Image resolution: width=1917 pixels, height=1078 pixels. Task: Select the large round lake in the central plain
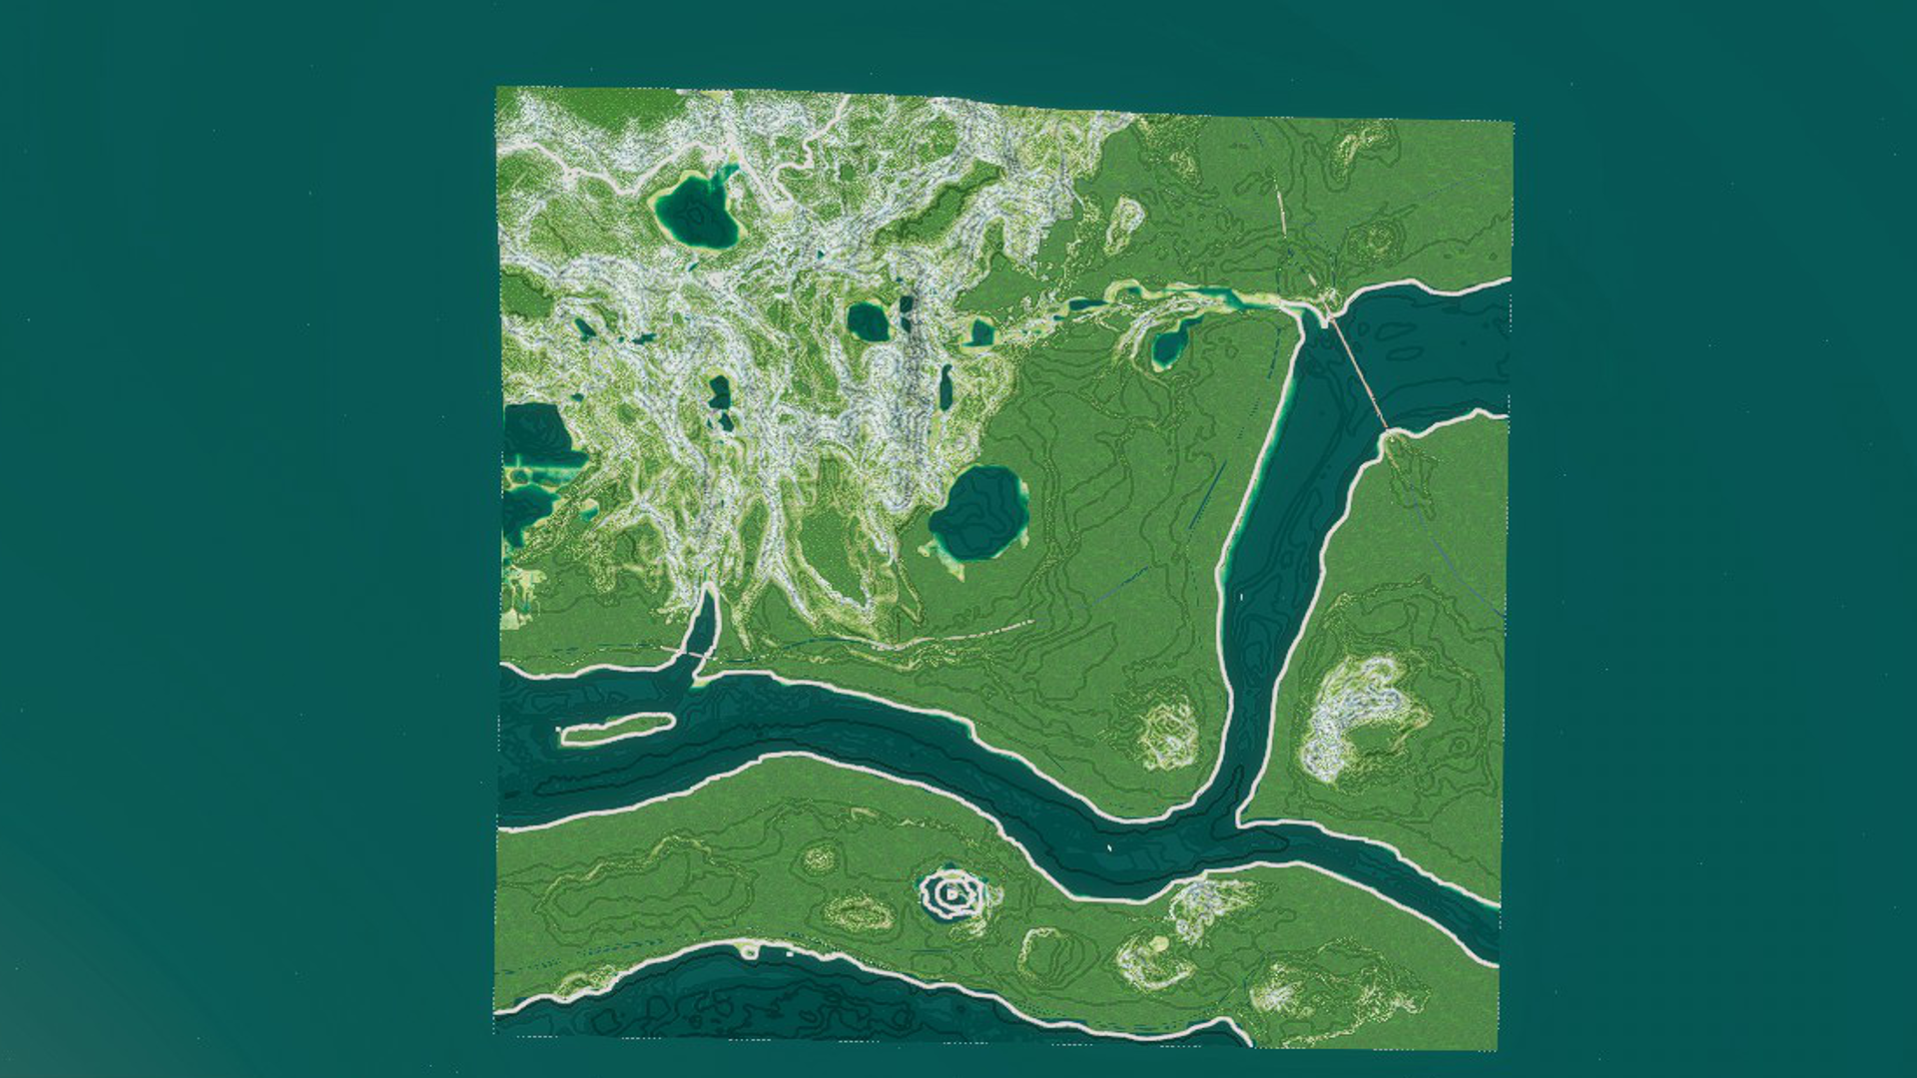(979, 513)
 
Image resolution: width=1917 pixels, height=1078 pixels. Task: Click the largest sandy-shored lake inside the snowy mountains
(698, 213)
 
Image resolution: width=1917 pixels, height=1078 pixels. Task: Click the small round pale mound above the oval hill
(821, 857)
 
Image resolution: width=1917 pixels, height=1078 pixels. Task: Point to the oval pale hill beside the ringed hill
(859, 911)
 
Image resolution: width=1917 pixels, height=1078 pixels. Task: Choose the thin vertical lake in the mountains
(946, 387)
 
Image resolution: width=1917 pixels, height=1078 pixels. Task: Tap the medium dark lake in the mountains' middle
(868, 321)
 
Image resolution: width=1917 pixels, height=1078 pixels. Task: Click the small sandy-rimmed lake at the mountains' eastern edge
(981, 331)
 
